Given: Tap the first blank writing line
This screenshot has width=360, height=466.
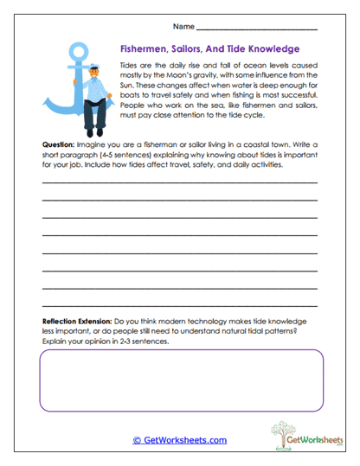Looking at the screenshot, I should (x=179, y=183).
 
